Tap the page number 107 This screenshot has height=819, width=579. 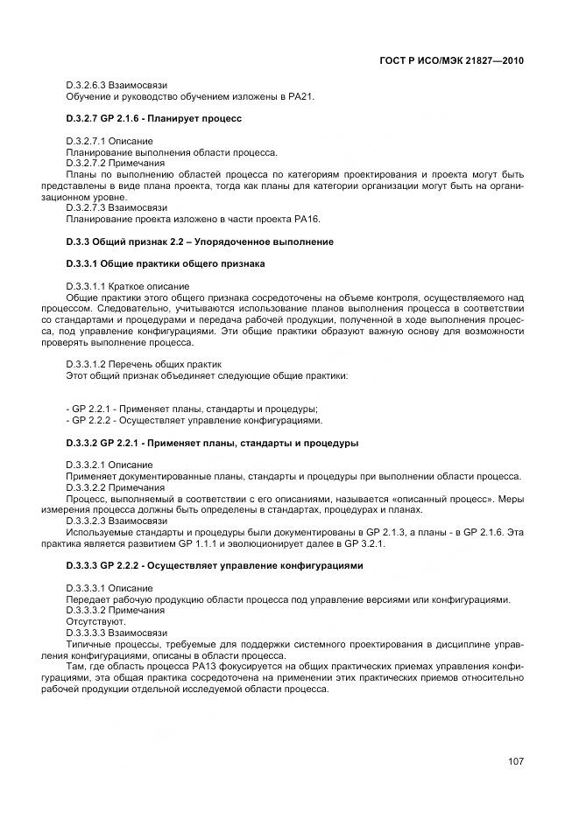515,761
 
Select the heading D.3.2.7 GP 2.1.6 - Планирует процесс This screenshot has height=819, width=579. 153,118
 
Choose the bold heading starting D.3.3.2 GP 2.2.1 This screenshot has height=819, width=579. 212,443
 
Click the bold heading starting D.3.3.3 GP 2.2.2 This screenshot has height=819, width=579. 213,565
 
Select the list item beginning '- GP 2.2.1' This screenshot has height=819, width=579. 192,409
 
